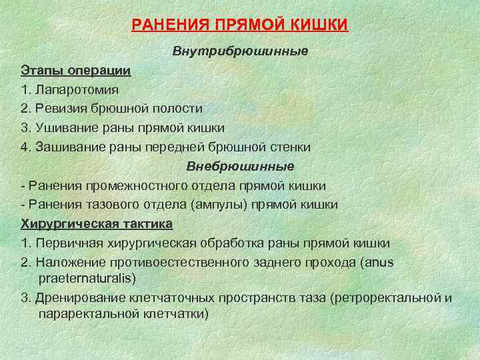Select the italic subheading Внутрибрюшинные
(240, 51)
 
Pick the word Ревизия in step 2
(60, 108)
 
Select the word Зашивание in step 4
(69, 146)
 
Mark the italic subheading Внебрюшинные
(240, 165)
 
